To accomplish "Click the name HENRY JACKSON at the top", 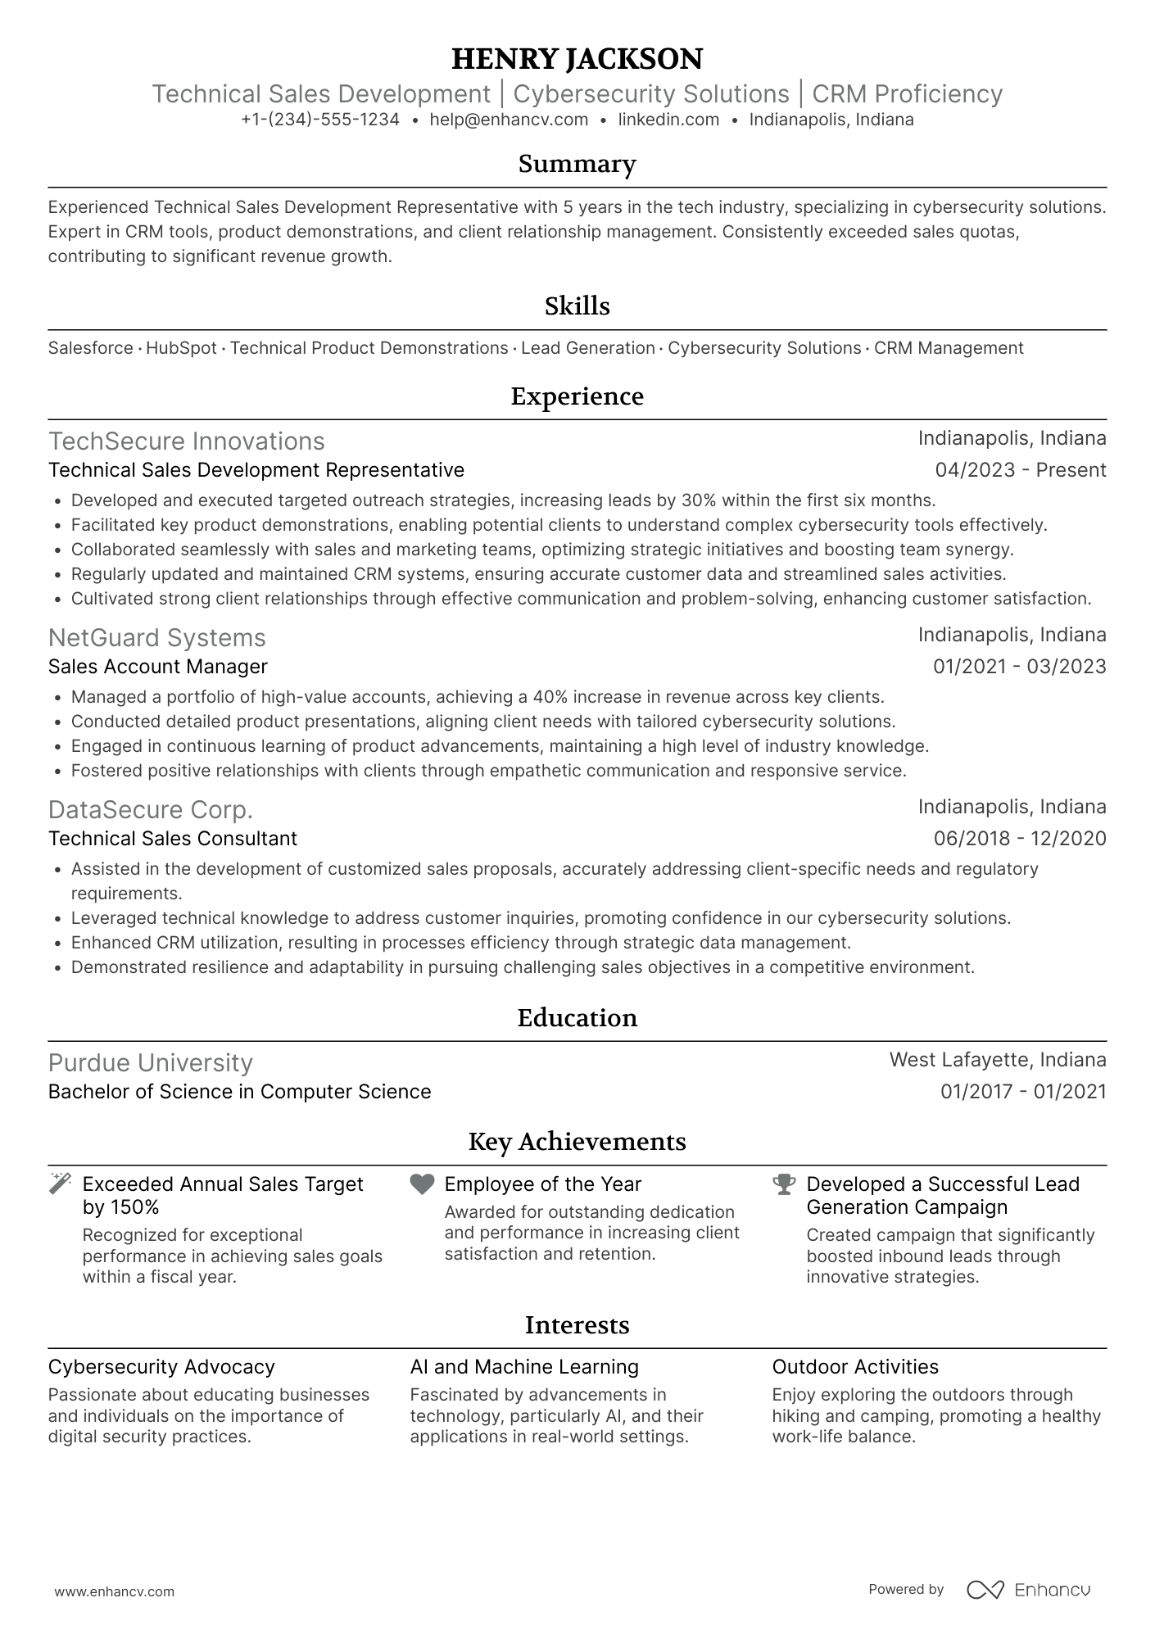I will coord(577,59).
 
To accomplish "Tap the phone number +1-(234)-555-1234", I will coord(320,120).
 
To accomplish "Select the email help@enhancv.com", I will coord(509,120).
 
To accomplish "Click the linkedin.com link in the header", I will coord(668,120).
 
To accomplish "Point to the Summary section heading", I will coord(577,164).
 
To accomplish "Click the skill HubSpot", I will coord(181,348).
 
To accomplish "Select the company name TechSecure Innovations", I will coord(187,441).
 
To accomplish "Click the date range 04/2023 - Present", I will coord(1020,470).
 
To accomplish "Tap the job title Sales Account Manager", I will coord(158,667).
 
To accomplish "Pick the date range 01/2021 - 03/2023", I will coord(1019,667).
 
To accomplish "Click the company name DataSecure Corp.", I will coord(151,810).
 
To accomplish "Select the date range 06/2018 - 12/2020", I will coord(1019,839).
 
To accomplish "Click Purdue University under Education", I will coord(151,1063).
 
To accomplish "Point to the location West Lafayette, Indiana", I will coord(997,1060).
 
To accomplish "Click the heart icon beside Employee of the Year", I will coord(422,1184).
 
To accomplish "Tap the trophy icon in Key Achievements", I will coord(784,1184).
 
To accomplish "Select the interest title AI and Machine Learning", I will coord(524,1367).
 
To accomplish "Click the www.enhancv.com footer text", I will coord(115,1591).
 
